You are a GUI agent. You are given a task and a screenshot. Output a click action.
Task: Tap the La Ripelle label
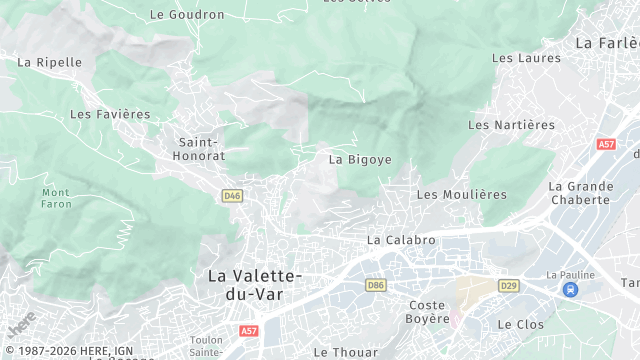point(50,62)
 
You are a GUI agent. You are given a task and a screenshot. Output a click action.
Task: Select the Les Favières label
point(110,115)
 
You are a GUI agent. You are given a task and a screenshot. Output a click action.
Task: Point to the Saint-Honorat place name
point(201,149)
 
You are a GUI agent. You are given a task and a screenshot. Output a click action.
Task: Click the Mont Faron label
point(57,197)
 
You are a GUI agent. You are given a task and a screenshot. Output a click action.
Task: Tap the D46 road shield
point(233,196)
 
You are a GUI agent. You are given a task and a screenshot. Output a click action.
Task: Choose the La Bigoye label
point(360,159)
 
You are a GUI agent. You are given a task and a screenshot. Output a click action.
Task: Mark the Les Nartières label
point(511,125)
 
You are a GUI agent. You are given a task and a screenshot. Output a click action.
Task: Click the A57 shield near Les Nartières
point(606,144)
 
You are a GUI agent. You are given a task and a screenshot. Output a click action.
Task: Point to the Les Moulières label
point(462,194)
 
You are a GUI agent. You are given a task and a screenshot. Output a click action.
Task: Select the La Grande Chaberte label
point(580,193)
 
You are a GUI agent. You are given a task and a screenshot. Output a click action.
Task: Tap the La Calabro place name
point(401,240)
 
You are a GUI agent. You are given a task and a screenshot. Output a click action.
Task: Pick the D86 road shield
point(376,285)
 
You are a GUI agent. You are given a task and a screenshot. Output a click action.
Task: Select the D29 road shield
point(509,285)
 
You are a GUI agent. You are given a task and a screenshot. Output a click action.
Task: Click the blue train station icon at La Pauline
point(570,290)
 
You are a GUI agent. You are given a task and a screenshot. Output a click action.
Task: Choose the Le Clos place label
point(519,324)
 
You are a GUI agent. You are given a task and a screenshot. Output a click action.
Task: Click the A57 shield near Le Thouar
point(249,330)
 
